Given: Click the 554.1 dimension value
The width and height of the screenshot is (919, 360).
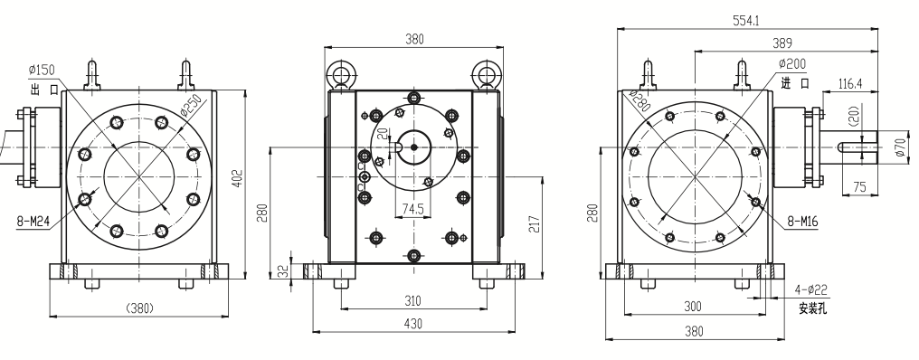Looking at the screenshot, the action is [745, 21].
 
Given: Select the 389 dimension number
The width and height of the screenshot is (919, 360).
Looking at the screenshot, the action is [782, 43].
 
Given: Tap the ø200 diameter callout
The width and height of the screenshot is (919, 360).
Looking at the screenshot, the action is [792, 64].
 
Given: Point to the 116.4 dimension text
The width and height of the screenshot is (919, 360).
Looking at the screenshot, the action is [850, 84].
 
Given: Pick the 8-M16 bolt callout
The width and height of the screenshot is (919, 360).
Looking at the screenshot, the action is [802, 221].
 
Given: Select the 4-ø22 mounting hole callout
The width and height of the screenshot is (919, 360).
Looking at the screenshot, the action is [810, 289].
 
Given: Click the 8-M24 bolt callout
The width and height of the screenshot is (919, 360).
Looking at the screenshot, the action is [33, 221].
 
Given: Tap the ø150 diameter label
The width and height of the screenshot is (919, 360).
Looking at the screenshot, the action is [42, 70].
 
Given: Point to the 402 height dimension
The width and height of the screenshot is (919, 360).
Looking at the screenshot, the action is [237, 178].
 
